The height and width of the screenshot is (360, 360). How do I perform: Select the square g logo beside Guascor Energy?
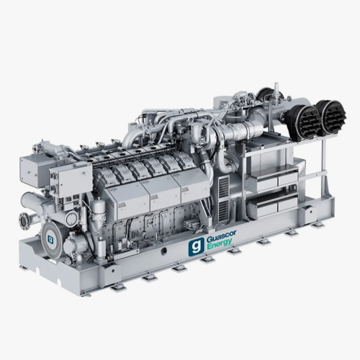pyautogui.click(x=197, y=246)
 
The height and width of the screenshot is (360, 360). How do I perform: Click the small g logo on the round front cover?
pyautogui.click(x=50, y=239)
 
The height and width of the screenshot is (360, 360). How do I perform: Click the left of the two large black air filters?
pyautogui.click(x=303, y=120)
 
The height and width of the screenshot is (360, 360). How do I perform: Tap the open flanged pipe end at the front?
pyautogui.click(x=24, y=220)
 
